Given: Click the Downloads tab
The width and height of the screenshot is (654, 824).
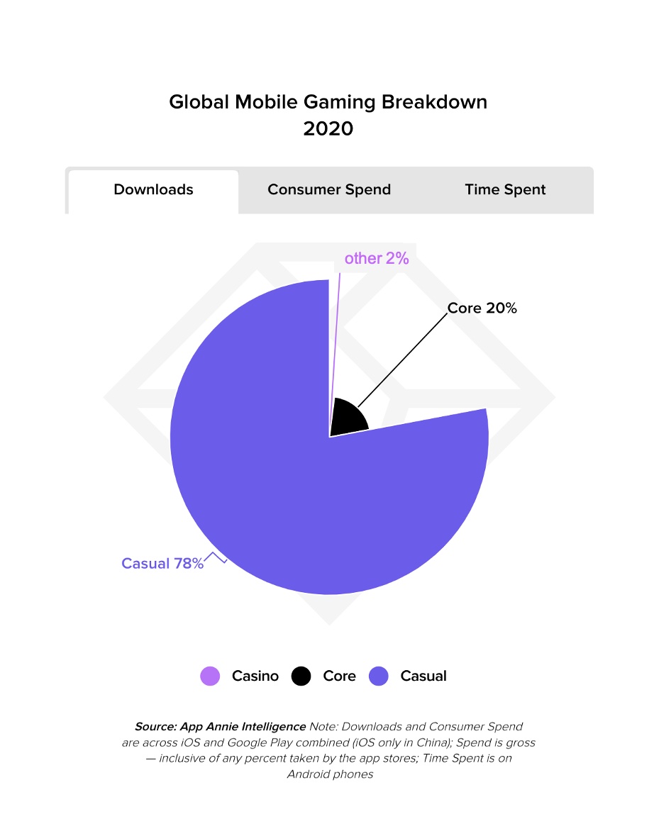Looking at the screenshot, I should [153, 190].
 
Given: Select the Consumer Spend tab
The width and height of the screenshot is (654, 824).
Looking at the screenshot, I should [329, 190].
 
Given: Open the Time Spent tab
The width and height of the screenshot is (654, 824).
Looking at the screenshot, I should [505, 190].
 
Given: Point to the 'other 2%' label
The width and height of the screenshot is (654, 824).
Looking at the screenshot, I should [377, 259].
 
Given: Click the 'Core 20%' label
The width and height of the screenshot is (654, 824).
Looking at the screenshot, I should [482, 308].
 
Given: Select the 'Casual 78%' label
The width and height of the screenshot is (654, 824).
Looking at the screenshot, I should [162, 564].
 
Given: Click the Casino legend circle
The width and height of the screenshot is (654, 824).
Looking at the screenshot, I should [210, 677].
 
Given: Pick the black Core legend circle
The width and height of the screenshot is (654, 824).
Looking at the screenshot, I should [301, 677].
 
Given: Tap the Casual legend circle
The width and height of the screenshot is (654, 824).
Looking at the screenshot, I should [379, 677].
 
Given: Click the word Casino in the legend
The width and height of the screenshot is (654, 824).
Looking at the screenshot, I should [255, 677].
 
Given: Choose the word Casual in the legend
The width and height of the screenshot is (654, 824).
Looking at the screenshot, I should [423, 677].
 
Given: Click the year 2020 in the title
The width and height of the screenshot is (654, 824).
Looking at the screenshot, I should [328, 129].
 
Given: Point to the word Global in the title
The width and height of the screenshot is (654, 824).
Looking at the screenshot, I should [199, 102].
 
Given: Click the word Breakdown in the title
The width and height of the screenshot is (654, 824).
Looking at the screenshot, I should [434, 102].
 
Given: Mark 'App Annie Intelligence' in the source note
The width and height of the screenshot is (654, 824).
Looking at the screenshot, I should [243, 727].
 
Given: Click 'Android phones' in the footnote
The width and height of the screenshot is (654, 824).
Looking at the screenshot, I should [330, 774].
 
